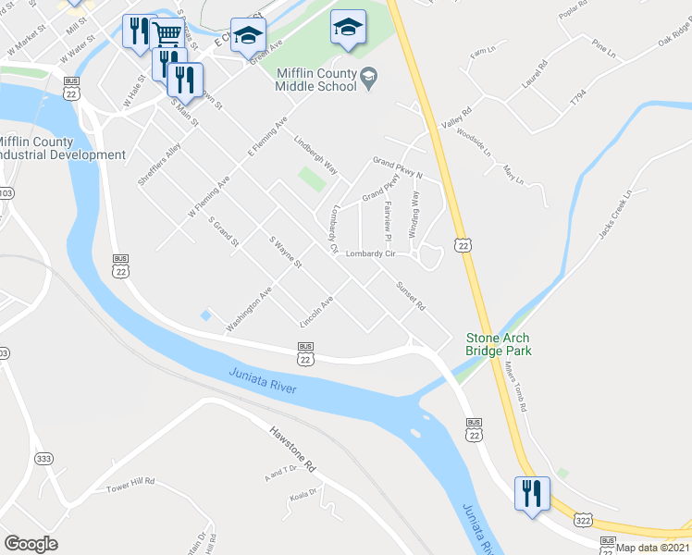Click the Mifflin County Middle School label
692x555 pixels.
315,80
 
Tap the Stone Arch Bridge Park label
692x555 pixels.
498,345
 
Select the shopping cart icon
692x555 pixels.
167,35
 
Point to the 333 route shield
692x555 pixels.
43,458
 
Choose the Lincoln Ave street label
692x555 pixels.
316,312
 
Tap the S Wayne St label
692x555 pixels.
286,251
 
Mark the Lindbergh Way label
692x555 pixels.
315,155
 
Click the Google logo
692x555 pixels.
31,544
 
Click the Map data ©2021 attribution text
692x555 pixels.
652,548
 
